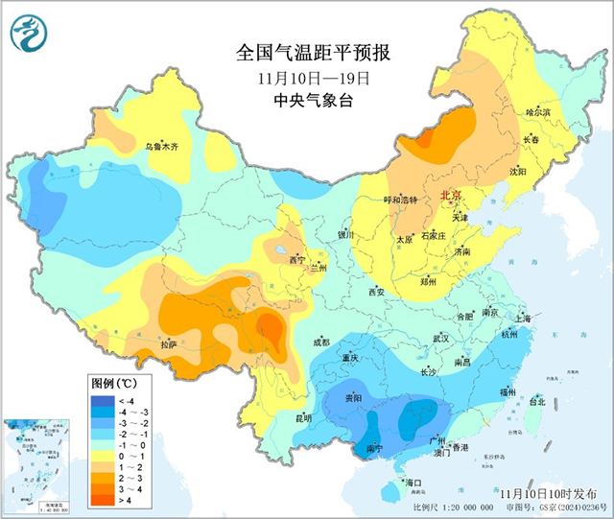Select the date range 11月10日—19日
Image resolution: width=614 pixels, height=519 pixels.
306,77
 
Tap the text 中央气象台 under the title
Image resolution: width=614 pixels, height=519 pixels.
306,101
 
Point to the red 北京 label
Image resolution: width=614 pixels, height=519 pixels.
450,196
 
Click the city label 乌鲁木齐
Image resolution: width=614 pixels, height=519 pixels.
162,147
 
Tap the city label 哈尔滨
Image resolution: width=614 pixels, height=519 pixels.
539,113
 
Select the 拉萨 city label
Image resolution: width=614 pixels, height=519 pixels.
169,343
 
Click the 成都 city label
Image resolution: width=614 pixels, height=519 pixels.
319,342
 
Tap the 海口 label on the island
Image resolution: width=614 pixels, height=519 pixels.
414,482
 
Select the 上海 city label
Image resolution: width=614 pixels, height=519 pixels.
522,318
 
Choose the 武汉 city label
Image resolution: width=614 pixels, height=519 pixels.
441,339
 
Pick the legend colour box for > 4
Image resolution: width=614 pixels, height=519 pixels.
103,498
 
